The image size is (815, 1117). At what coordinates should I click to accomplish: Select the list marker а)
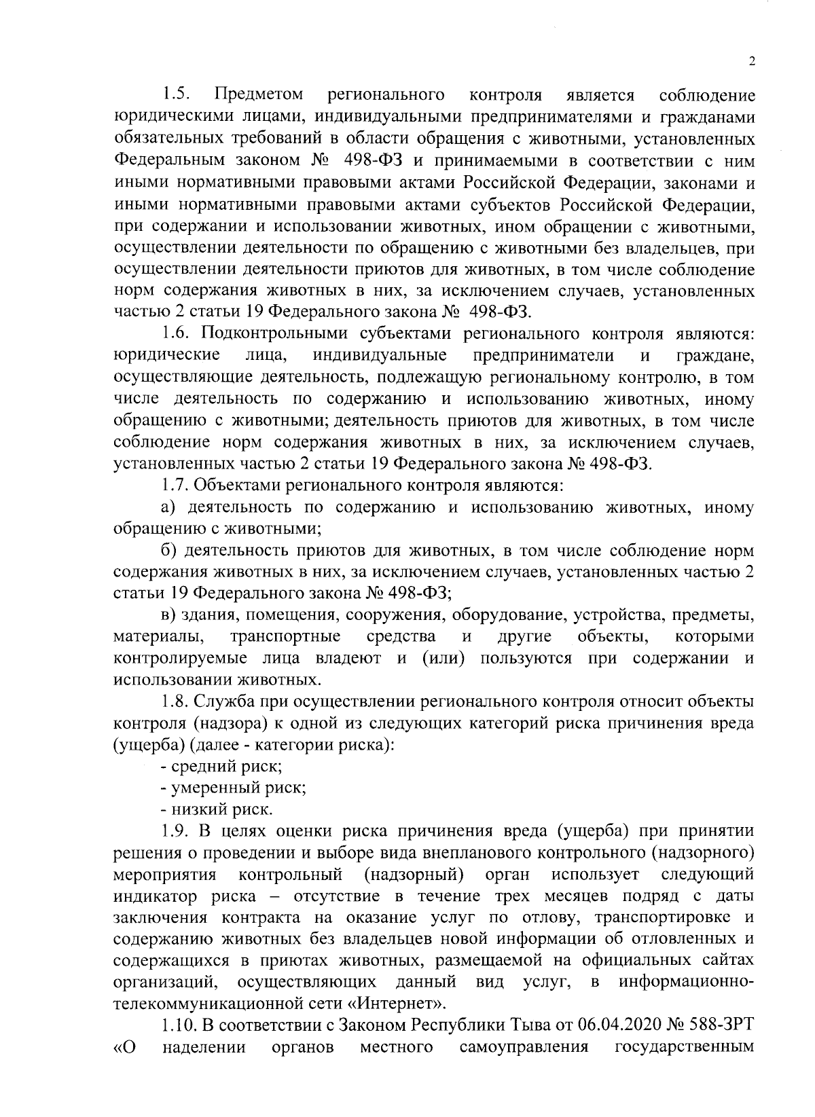click(x=168, y=507)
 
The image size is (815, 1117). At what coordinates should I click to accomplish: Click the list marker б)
click(x=168, y=551)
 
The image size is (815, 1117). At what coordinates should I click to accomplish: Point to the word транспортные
click(x=285, y=638)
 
